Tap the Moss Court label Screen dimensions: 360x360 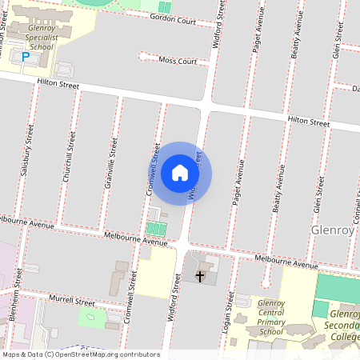[178, 61]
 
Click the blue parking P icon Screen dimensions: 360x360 [25, 57]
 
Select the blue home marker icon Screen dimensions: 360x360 [180, 173]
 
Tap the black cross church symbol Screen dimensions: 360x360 [200, 276]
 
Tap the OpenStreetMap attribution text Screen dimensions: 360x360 [80, 354]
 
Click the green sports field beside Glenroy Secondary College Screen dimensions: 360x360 [338, 287]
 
